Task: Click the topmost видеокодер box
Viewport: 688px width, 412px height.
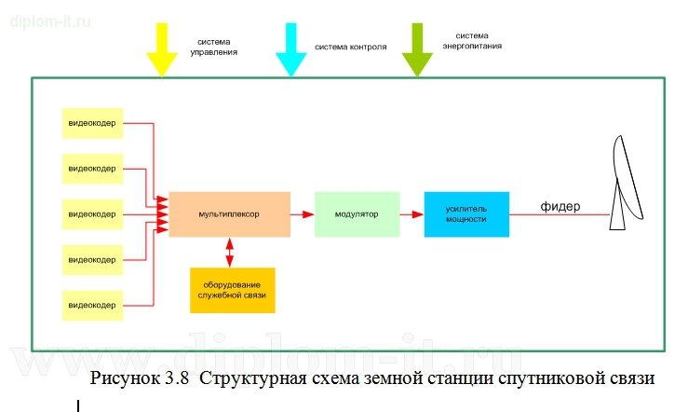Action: tap(92, 123)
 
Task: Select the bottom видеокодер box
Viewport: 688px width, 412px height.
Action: tap(92, 305)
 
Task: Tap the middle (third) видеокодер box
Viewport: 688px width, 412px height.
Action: tap(92, 214)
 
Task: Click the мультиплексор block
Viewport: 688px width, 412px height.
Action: tap(229, 214)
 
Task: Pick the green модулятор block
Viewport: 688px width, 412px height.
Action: tap(357, 214)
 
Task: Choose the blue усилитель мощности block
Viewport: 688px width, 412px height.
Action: tap(466, 214)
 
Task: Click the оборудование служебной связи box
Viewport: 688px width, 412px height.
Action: tap(233, 290)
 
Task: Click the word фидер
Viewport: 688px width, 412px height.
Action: tap(560, 205)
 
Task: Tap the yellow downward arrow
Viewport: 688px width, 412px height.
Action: tap(162, 47)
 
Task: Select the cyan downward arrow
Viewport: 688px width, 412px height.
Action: tap(290, 47)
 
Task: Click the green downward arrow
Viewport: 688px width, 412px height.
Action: tap(418, 47)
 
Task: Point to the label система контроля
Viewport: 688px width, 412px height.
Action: tap(350, 47)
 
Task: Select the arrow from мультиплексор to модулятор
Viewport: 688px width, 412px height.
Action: tap(302, 214)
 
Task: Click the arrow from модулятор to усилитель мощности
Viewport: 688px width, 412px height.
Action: tap(411, 214)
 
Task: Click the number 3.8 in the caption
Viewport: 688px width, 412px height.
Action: tap(176, 380)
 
